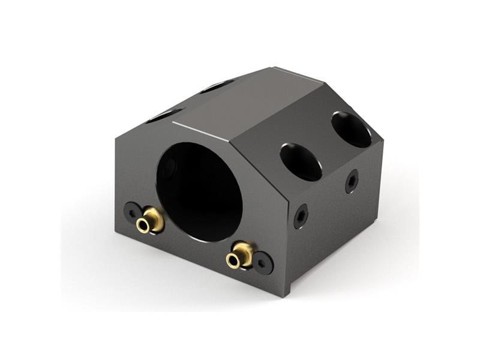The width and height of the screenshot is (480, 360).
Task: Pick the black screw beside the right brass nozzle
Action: (x=262, y=262)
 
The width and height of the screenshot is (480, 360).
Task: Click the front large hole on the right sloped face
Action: (x=301, y=161)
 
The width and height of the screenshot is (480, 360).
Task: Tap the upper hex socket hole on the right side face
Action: (x=352, y=181)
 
